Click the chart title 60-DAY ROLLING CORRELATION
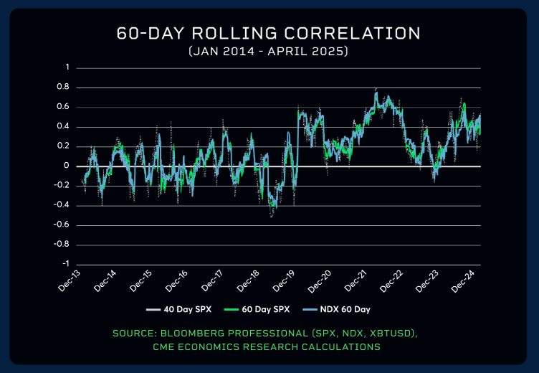pyautogui.click(x=269, y=34)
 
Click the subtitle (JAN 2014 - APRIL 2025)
pyautogui.click(x=269, y=52)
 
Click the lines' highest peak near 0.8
pyautogui.click(x=376, y=92)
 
